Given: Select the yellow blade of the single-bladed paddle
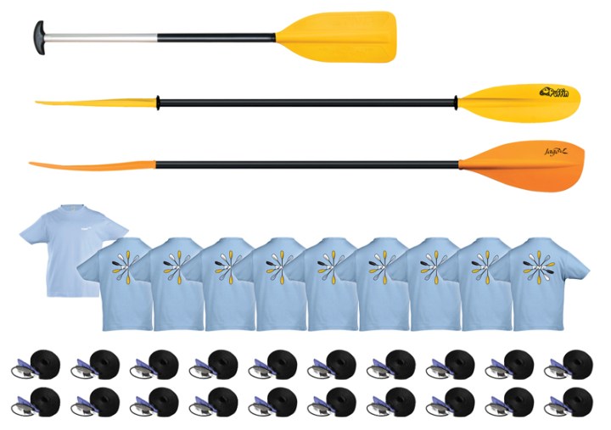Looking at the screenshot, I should [x=339, y=36].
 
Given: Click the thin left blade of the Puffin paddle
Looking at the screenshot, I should [x=93, y=103].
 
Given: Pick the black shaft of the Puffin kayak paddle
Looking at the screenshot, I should [x=305, y=103].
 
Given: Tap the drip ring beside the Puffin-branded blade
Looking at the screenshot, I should [x=456, y=103].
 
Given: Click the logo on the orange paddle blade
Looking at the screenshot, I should [x=557, y=153].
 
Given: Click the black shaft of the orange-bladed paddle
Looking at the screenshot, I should [x=305, y=162].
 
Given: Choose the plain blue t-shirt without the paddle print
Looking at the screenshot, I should [x=59, y=246].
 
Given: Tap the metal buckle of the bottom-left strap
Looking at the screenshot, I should [x=19, y=405].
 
